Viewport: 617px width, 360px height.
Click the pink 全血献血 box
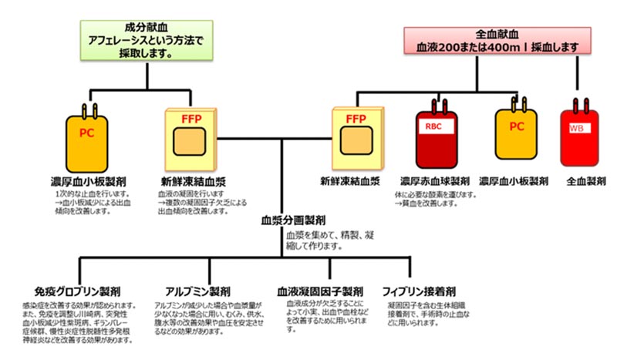497,40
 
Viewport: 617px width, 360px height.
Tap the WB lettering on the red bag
575,128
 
